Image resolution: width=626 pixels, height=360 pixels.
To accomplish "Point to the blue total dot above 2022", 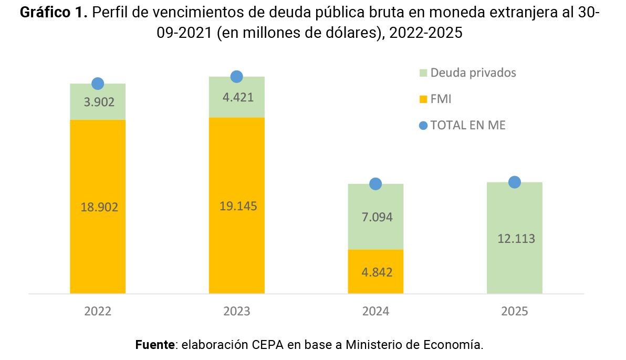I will click(98, 84).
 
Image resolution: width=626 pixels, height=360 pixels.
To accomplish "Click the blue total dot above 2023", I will click(236, 77).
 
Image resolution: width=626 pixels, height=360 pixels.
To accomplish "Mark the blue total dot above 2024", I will click(375, 184).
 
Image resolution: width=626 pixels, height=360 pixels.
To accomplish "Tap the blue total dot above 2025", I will click(515, 182).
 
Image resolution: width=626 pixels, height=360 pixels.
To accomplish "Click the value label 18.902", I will click(99, 207).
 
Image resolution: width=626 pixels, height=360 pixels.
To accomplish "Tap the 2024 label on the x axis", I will click(375, 311).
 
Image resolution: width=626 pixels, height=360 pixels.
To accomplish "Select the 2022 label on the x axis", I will click(98, 311).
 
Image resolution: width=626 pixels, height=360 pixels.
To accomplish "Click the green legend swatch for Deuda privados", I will click(423, 73).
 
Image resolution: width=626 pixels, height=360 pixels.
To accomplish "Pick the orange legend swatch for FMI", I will click(423, 99).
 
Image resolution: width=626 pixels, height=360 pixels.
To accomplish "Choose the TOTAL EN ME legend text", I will click(468, 125).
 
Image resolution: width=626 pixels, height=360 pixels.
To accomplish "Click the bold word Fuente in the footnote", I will click(155, 345).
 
